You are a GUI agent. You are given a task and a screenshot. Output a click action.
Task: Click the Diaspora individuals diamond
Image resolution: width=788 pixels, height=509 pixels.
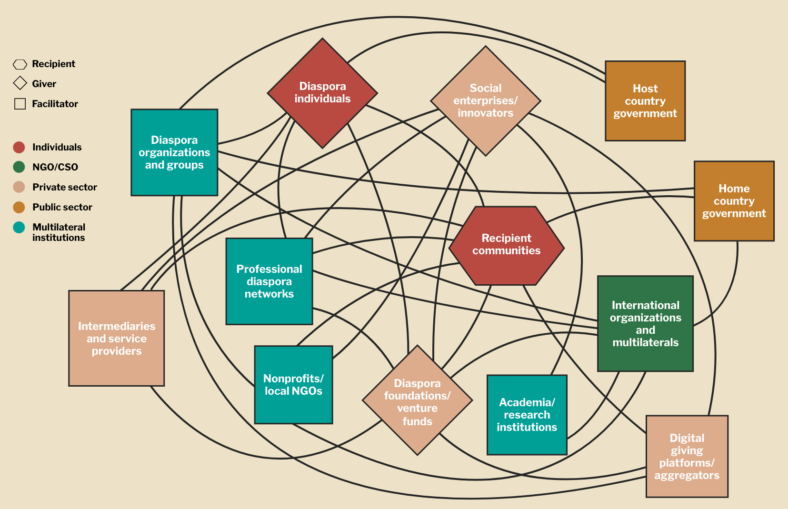tap(322, 93)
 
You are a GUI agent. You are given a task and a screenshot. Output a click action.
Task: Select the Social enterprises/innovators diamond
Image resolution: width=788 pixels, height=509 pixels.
tap(485, 101)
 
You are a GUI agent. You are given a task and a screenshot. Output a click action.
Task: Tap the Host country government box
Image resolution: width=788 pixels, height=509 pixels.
tap(645, 101)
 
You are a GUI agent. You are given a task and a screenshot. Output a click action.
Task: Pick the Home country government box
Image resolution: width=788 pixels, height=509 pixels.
tap(734, 201)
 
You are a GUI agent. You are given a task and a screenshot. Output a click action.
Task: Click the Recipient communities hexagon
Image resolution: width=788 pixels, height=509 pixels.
tap(507, 246)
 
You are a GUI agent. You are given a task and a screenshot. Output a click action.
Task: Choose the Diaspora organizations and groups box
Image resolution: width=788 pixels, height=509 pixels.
tap(174, 152)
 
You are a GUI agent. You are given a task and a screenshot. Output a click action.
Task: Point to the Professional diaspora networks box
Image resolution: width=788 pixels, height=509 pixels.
tap(269, 281)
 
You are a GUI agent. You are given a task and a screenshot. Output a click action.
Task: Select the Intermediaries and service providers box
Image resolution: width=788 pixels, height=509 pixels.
tap(117, 339)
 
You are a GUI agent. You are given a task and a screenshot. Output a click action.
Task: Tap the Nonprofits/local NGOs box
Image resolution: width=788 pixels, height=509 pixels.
tap(293, 385)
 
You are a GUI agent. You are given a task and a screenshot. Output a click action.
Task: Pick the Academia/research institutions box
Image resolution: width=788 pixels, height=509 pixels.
tap(527, 415)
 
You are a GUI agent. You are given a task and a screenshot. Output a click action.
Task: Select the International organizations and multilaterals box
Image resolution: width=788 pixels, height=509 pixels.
tap(645, 324)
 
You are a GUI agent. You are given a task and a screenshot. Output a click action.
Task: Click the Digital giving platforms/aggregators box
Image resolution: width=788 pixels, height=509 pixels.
tap(687, 457)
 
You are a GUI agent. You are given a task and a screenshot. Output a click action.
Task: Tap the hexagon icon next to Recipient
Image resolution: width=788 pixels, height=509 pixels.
tap(20, 64)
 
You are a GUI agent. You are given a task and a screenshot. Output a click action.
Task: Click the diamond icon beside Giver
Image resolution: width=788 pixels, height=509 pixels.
tap(20, 83)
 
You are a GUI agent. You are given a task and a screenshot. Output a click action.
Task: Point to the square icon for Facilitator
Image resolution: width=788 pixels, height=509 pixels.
tap(20, 104)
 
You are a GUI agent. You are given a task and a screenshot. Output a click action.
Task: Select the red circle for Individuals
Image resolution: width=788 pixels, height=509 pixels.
tap(19, 147)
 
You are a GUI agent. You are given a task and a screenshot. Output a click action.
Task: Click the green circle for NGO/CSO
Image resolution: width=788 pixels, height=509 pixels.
tap(19, 167)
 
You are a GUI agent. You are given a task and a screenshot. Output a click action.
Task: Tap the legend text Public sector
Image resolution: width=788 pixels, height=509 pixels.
tap(62, 207)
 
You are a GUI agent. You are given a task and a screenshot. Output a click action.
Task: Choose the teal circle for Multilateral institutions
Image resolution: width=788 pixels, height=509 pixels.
tap(19, 227)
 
